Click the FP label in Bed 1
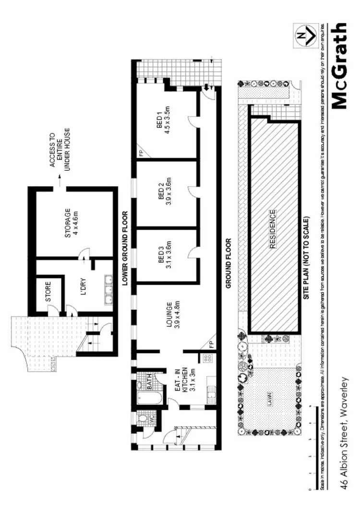[x=141, y=154]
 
